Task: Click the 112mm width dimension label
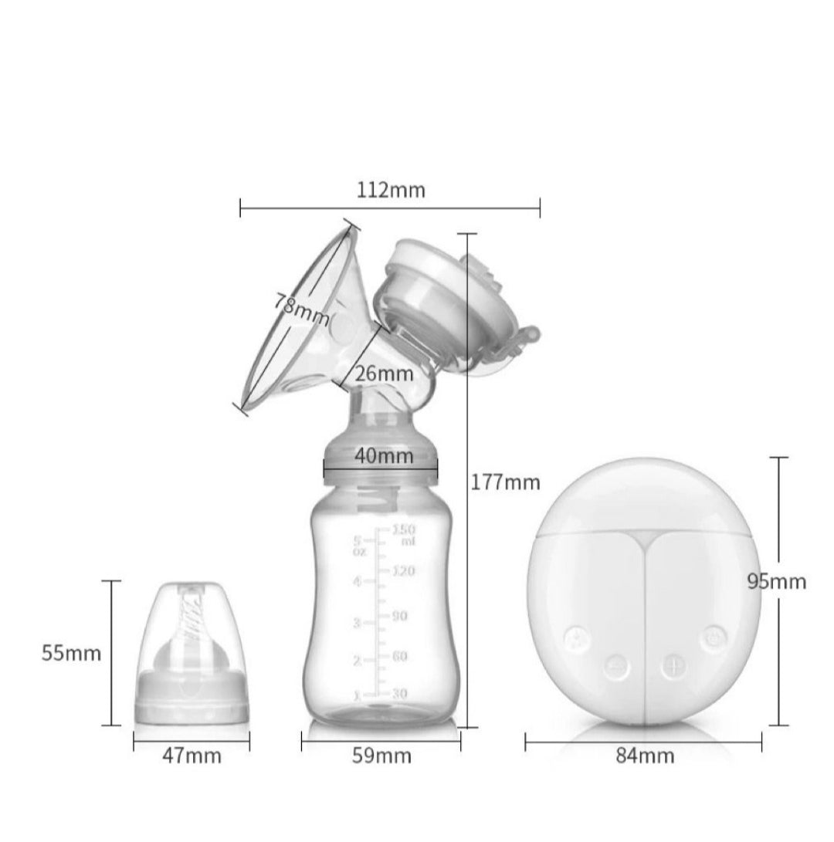[391, 190]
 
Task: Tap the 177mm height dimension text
[506, 483]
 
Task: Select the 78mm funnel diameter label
[300, 309]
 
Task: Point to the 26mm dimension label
[384, 374]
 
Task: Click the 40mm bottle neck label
[384, 456]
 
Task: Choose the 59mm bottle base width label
[381, 756]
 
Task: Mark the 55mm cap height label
[71, 654]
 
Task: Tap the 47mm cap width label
[192, 756]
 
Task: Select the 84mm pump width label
[645, 756]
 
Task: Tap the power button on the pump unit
[713, 637]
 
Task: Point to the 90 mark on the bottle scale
[399, 616]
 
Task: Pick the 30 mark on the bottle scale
[399, 693]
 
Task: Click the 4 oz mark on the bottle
[357, 581]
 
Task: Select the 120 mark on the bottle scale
[403, 572]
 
